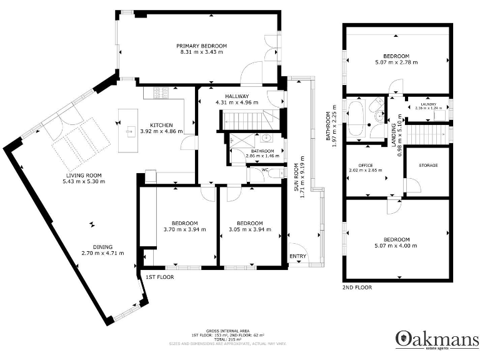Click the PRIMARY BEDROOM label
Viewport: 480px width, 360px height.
[x=201, y=46]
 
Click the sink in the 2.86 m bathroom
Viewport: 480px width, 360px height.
[x=266, y=139]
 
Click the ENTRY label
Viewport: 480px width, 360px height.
[x=298, y=256]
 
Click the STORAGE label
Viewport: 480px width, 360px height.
[x=428, y=165]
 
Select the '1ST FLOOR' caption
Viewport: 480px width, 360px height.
[x=159, y=276]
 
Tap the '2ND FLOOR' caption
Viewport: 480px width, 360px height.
[x=357, y=287]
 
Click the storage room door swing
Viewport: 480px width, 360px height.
[x=411, y=185]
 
